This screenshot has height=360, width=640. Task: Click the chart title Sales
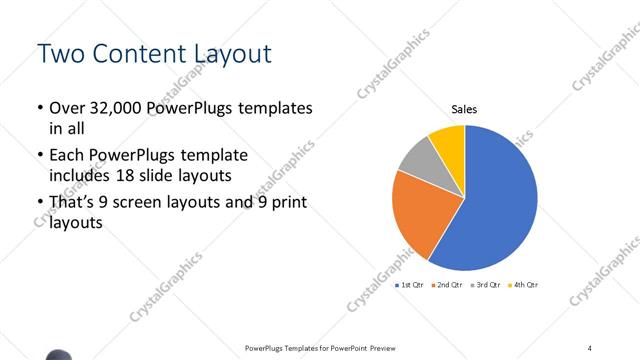tap(464, 109)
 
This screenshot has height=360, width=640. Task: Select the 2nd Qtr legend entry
tap(445, 286)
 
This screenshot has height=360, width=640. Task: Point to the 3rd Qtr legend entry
tap(484, 286)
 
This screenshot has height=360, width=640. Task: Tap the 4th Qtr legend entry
tap(522, 286)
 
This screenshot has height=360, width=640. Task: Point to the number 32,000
tap(116, 108)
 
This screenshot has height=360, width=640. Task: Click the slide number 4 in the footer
tap(590, 347)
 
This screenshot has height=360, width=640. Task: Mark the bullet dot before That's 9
tap(39, 204)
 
